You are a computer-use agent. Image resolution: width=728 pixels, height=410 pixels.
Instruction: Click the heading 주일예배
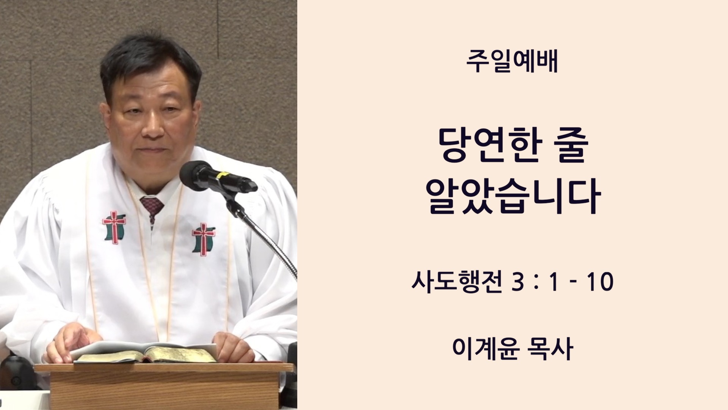pos(512,62)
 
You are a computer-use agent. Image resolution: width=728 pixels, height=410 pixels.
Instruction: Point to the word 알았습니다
pos(513,196)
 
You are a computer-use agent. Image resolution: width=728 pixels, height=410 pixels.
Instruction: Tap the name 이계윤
pos(485,348)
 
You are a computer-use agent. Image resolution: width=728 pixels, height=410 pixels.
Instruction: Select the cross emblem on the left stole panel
pos(114,227)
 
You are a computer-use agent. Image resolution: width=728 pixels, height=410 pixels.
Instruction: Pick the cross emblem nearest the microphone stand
pos(204,239)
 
